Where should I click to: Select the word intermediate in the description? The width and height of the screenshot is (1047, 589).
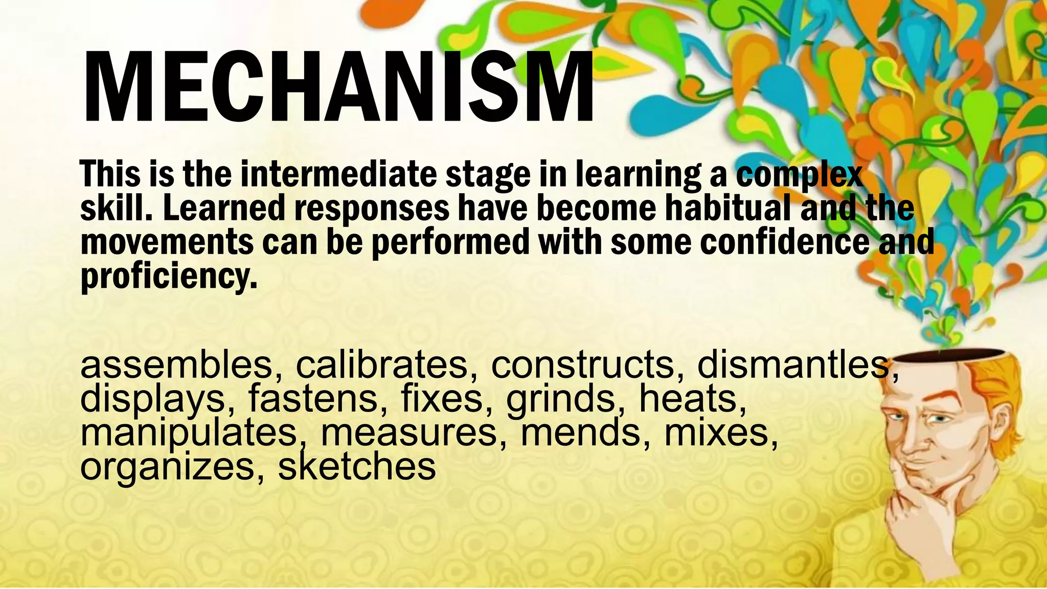click(x=338, y=174)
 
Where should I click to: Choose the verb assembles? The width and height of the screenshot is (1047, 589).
click(x=176, y=365)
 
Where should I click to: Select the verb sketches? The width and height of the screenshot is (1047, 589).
click(x=357, y=467)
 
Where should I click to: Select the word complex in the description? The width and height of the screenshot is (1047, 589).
click(x=800, y=174)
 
